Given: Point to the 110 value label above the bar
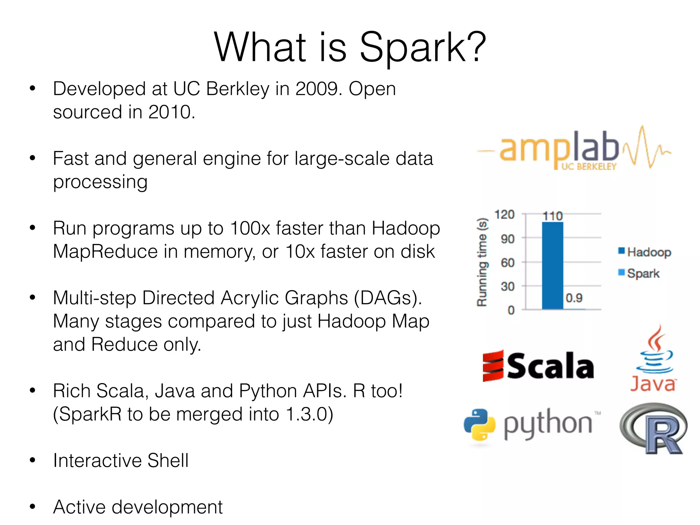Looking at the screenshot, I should pyautogui.click(x=552, y=216).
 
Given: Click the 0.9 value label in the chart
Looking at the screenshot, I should pyautogui.click(x=574, y=298).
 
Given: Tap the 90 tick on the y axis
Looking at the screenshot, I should pyautogui.click(x=508, y=239).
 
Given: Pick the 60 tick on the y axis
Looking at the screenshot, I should pyautogui.click(x=508, y=262).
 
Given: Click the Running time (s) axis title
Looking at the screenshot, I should pyautogui.click(x=482, y=262).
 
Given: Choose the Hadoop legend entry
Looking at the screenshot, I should pyautogui.click(x=645, y=252).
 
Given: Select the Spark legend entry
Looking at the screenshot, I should pyautogui.click(x=639, y=273).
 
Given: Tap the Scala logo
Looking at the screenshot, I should pyautogui.click(x=538, y=366).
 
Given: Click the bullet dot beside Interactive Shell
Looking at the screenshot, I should pyautogui.click(x=32, y=460).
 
